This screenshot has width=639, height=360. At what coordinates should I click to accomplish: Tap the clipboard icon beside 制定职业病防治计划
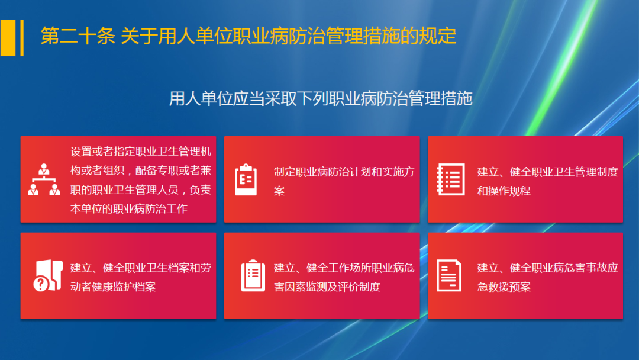[246, 179]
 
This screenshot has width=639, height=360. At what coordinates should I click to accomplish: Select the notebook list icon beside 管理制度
[449, 179]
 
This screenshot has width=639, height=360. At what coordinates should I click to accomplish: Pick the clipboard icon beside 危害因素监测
[253, 276]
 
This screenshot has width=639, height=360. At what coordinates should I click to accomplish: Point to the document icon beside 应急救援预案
[449, 276]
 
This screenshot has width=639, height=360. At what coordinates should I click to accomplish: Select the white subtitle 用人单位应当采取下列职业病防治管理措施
[320, 98]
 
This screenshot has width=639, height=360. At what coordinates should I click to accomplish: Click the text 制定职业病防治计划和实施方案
[344, 172]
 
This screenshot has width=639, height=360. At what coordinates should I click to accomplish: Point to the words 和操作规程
[504, 191]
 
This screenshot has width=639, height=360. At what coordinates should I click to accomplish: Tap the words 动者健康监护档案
[113, 287]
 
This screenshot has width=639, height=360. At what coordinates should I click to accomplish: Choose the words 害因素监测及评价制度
[327, 287]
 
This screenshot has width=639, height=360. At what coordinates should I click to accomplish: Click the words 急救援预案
[504, 287]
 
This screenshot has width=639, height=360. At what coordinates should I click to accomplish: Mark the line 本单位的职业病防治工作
[128, 208]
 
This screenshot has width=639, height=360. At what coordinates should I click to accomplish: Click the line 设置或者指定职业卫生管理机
[141, 152]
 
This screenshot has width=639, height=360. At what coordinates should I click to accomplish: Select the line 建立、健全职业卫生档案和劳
[141, 268]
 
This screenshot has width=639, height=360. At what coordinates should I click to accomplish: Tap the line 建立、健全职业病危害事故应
[547, 268]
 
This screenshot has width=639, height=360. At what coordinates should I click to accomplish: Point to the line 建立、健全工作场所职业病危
[344, 268]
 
